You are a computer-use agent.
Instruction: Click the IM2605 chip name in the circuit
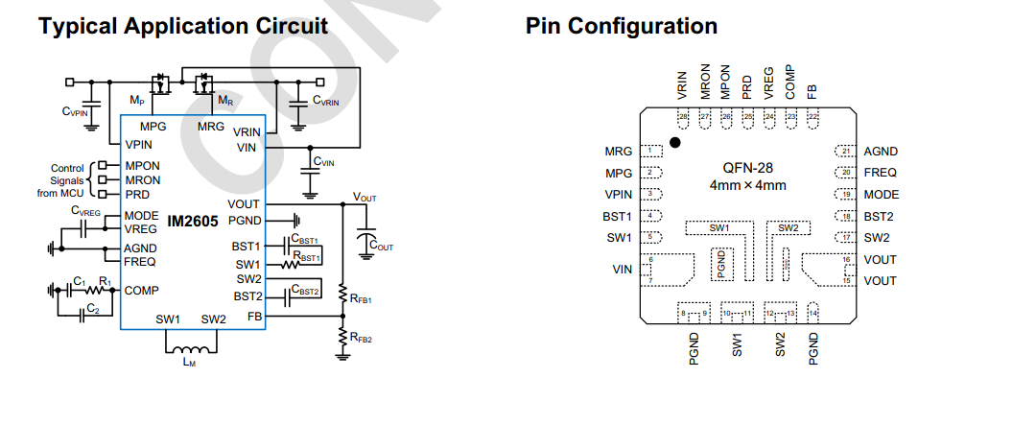point(193,222)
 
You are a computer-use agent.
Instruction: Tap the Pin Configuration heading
point(621,26)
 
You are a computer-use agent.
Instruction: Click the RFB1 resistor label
point(362,299)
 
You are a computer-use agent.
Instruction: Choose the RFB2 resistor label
point(362,337)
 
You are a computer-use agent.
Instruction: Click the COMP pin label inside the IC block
point(142,290)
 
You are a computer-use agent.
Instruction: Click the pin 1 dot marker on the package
point(675,142)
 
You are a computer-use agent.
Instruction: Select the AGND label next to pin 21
point(881,152)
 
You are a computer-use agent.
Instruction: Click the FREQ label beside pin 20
point(881,173)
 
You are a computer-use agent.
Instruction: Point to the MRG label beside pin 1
point(619,152)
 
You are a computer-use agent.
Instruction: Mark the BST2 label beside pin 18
point(881,216)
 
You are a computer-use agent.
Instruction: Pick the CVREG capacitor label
point(83,212)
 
